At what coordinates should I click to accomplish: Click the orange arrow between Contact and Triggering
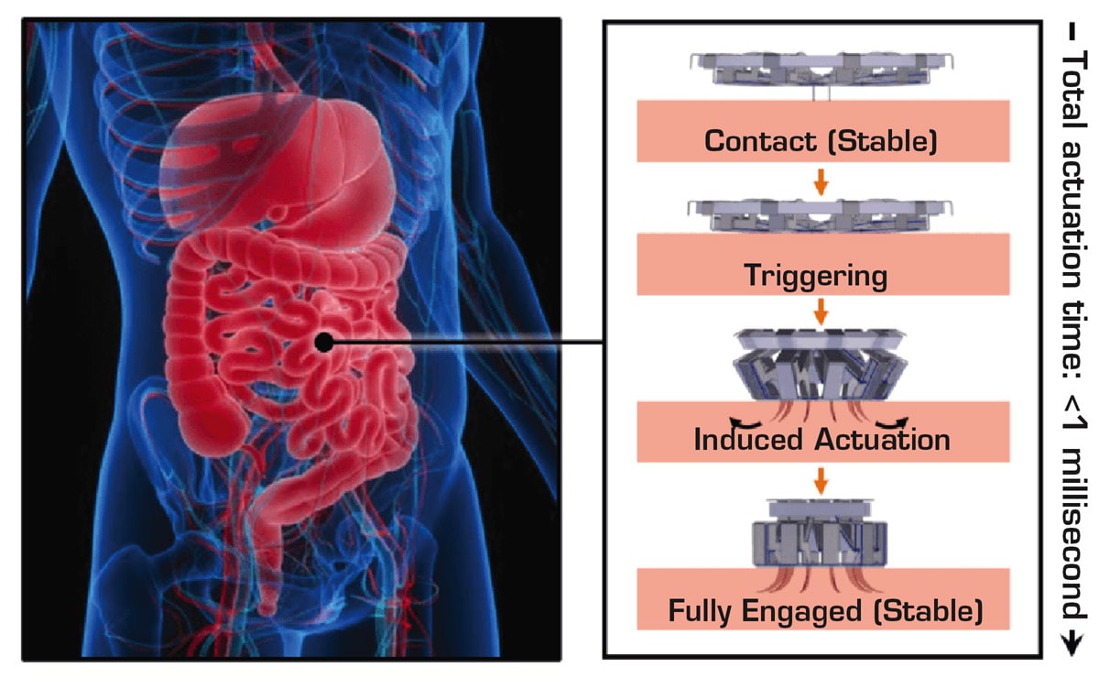821,181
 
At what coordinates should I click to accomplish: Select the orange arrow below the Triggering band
821,312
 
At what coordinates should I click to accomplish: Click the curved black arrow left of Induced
701,423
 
